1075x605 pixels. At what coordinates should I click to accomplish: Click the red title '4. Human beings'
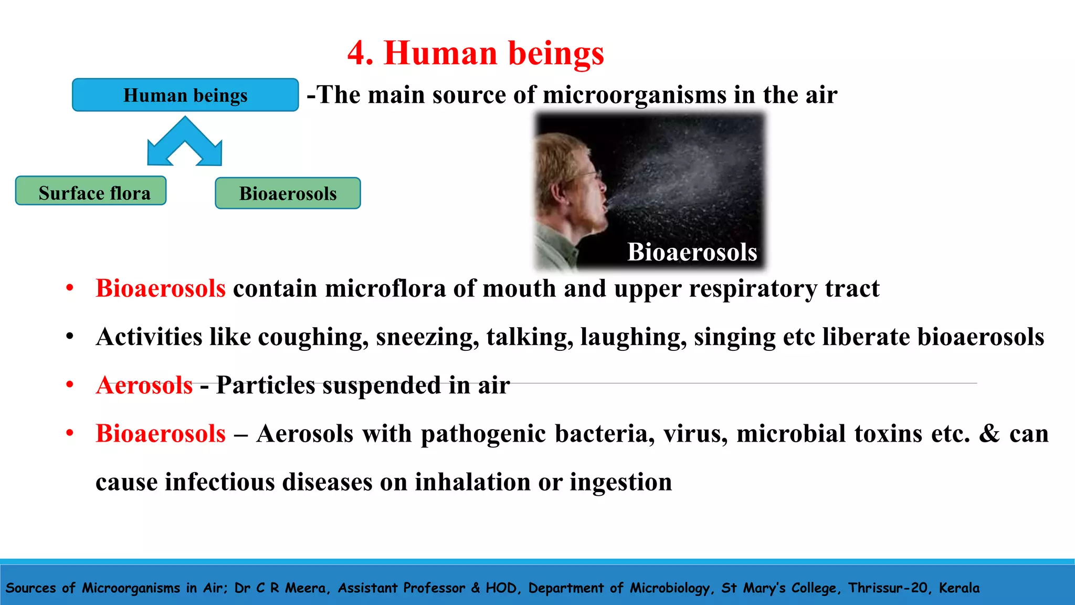point(476,53)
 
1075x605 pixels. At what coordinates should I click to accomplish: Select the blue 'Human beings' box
point(185,95)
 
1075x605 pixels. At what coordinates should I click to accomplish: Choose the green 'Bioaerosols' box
point(288,193)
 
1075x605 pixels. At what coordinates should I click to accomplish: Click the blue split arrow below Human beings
point(185,143)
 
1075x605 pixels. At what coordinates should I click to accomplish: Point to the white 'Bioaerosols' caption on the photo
point(692,252)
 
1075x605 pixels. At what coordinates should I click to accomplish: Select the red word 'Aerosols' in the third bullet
point(144,385)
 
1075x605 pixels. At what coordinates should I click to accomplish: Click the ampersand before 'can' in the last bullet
point(989,434)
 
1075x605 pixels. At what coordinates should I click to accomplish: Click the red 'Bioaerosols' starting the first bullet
point(161,288)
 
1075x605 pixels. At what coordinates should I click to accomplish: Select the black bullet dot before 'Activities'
point(70,337)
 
